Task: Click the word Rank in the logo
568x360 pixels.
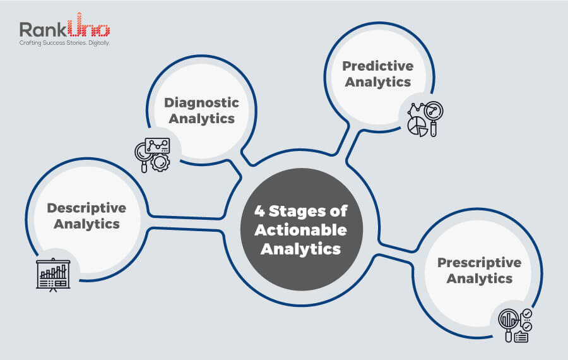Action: [40, 30]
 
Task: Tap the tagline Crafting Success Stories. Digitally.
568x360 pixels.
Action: [64, 44]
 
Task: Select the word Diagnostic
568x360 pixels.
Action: [202, 102]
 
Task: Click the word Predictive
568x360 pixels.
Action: [378, 66]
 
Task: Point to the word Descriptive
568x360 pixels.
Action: [86, 208]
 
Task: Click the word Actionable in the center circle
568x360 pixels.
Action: [301, 230]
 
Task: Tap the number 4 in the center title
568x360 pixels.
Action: [259, 212]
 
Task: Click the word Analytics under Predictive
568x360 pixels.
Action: [378, 82]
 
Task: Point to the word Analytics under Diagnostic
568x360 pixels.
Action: [202, 118]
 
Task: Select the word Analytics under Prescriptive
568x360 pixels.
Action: [480, 279]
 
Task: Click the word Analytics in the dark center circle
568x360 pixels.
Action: [301, 249]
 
